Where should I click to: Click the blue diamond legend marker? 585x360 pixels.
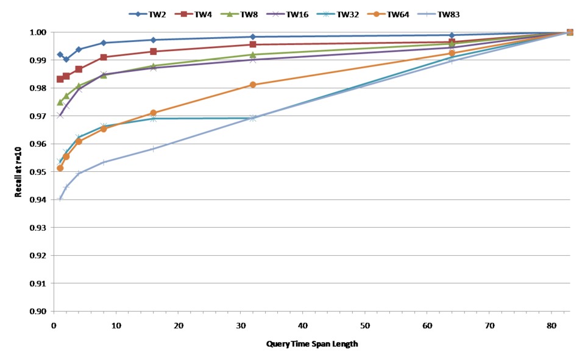[x=138, y=14]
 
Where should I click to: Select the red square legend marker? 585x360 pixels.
[x=183, y=14]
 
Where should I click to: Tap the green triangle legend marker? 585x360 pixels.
[x=229, y=14]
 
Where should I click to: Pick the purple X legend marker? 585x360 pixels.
[x=275, y=14]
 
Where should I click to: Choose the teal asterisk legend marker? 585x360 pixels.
[x=325, y=14]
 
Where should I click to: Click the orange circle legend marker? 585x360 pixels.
[x=376, y=14]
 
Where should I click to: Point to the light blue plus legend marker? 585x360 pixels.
[x=427, y=14]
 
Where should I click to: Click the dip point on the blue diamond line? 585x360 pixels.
[x=66, y=60]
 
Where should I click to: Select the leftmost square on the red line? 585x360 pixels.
[x=60, y=79]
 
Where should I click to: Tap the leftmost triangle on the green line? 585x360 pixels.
[x=60, y=102]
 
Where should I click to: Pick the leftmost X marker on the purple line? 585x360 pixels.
[x=60, y=115]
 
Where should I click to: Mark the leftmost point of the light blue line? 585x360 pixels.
[x=60, y=199]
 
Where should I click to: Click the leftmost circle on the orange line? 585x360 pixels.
[x=60, y=168]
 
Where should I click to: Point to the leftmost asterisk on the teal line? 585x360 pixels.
[x=60, y=161]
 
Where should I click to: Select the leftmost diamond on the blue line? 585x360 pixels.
[x=60, y=55]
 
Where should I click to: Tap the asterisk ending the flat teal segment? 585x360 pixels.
[x=253, y=118]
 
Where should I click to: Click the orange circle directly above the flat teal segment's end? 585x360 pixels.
[x=253, y=84]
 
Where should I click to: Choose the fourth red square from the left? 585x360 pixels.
[x=104, y=57]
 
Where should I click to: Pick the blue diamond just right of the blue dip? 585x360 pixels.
[x=79, y=49]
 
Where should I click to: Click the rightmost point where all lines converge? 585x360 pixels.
[x=570, y=32]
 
